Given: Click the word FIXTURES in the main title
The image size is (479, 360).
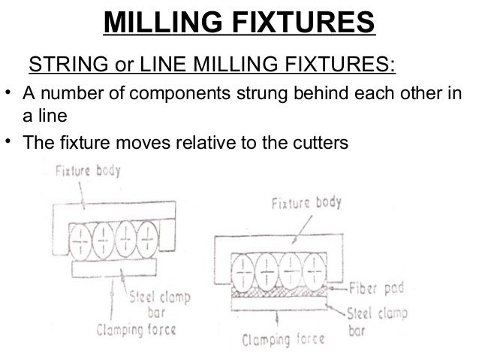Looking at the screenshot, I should (303, 23).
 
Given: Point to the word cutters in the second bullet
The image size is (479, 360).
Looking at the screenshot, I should (323, 141).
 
